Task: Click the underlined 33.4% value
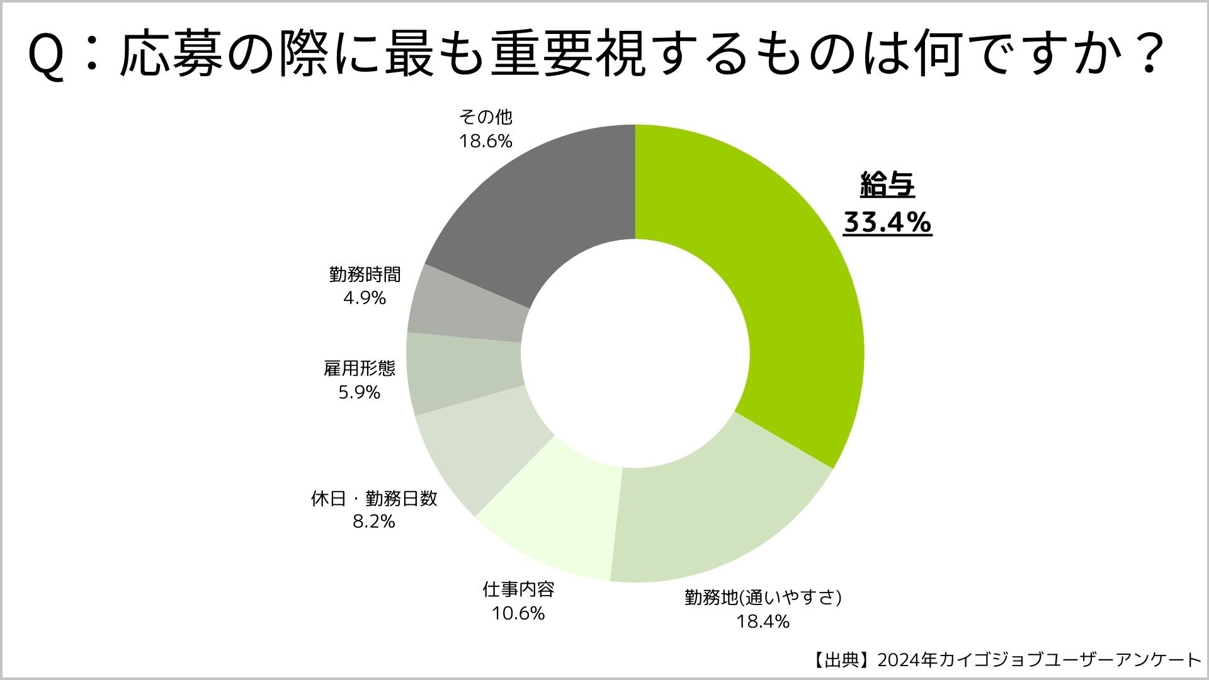(x=887, y=222)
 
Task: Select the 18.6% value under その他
(x=485, y=141)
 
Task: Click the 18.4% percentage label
(x=763, y=621)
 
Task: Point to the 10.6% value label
(x=518, y=613)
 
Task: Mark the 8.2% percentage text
(x=373, y=521)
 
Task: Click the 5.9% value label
(x=360, y=392)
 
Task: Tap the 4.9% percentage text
(x=364, y=298)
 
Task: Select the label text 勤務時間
(x=365, y=274)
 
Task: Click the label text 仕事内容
(x=518, y=589)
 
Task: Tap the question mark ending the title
(x=1143, y=55)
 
